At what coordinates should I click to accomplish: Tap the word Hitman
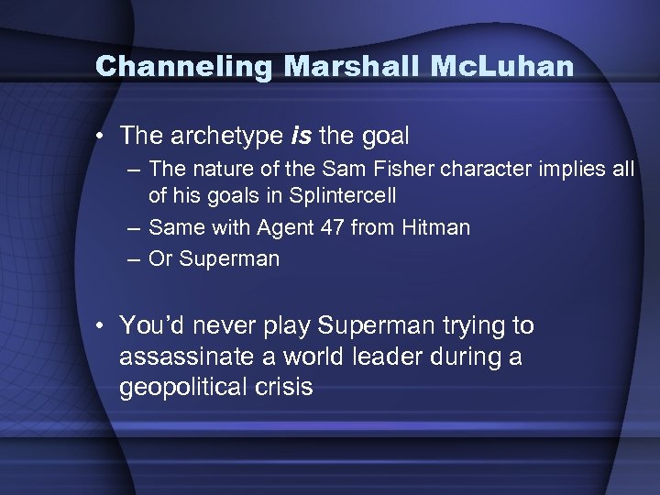point(436,226)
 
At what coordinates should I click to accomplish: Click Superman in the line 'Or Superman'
point(229,258)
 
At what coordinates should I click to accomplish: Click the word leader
point(389,357)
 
